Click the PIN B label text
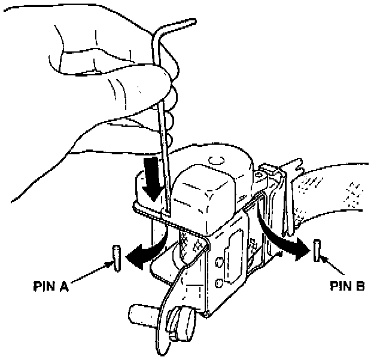coord(346,286)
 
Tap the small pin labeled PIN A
coord(116,257)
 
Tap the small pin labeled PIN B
coord(317,248)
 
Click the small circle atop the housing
coord(217,161)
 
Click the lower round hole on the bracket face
coord(218,283)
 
